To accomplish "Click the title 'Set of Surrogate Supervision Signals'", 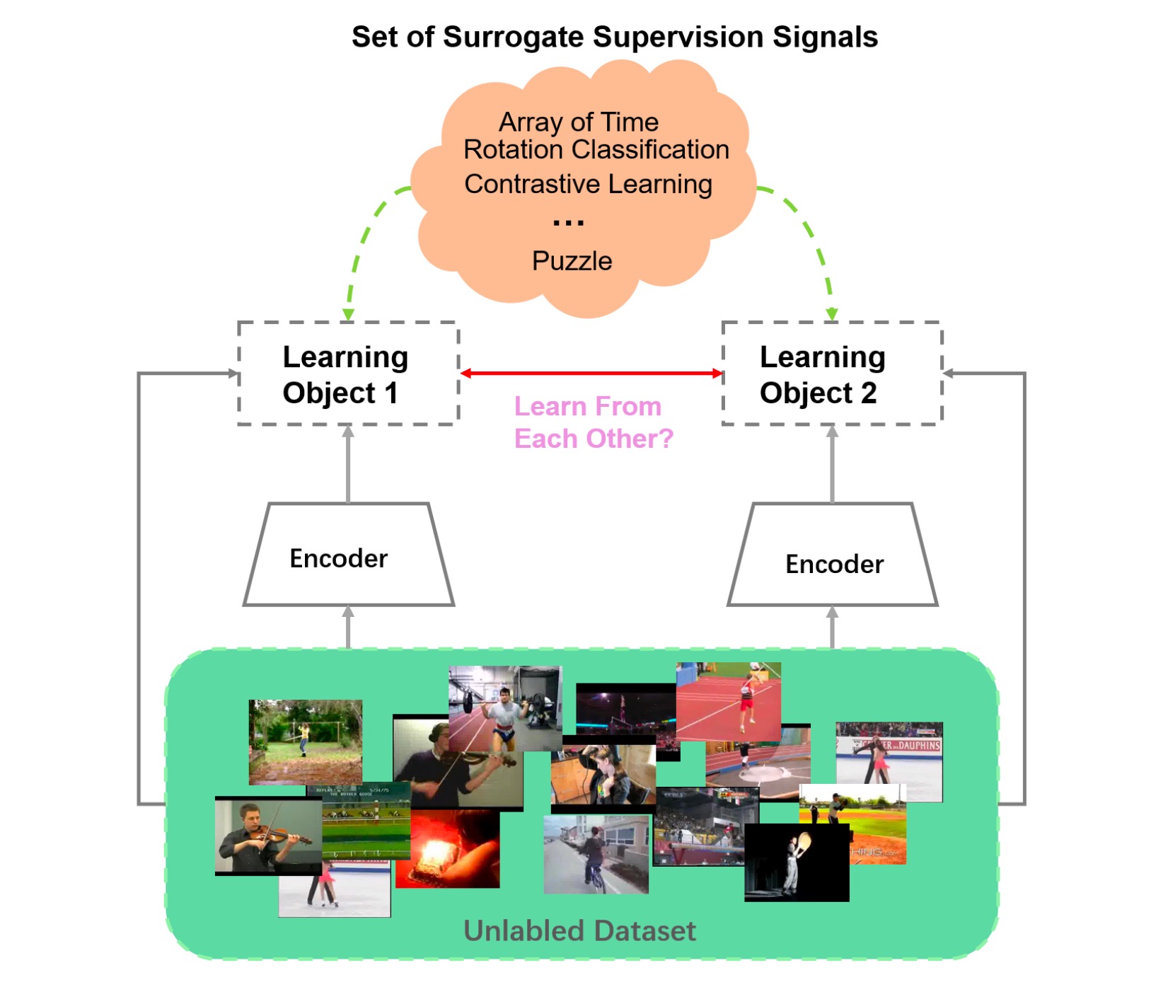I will [614, 37].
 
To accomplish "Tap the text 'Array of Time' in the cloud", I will [578, 122].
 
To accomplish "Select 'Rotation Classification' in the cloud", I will [596, 150].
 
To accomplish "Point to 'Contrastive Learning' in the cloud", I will [588, 184].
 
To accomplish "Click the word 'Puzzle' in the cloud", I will [572, 261].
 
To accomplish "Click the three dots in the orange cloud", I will [568, 223].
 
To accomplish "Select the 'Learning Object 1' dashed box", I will [348, 374].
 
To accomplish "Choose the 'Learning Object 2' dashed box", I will [831, 374].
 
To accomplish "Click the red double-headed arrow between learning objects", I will [591, 373].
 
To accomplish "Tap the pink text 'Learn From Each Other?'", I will [593, 422].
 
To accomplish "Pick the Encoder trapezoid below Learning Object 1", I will [348, 555].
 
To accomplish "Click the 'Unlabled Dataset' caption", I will [579, 931].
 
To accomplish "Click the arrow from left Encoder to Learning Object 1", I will [348, 463].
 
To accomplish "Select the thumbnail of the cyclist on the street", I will [596, 854].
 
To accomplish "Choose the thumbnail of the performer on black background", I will [796, 863].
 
